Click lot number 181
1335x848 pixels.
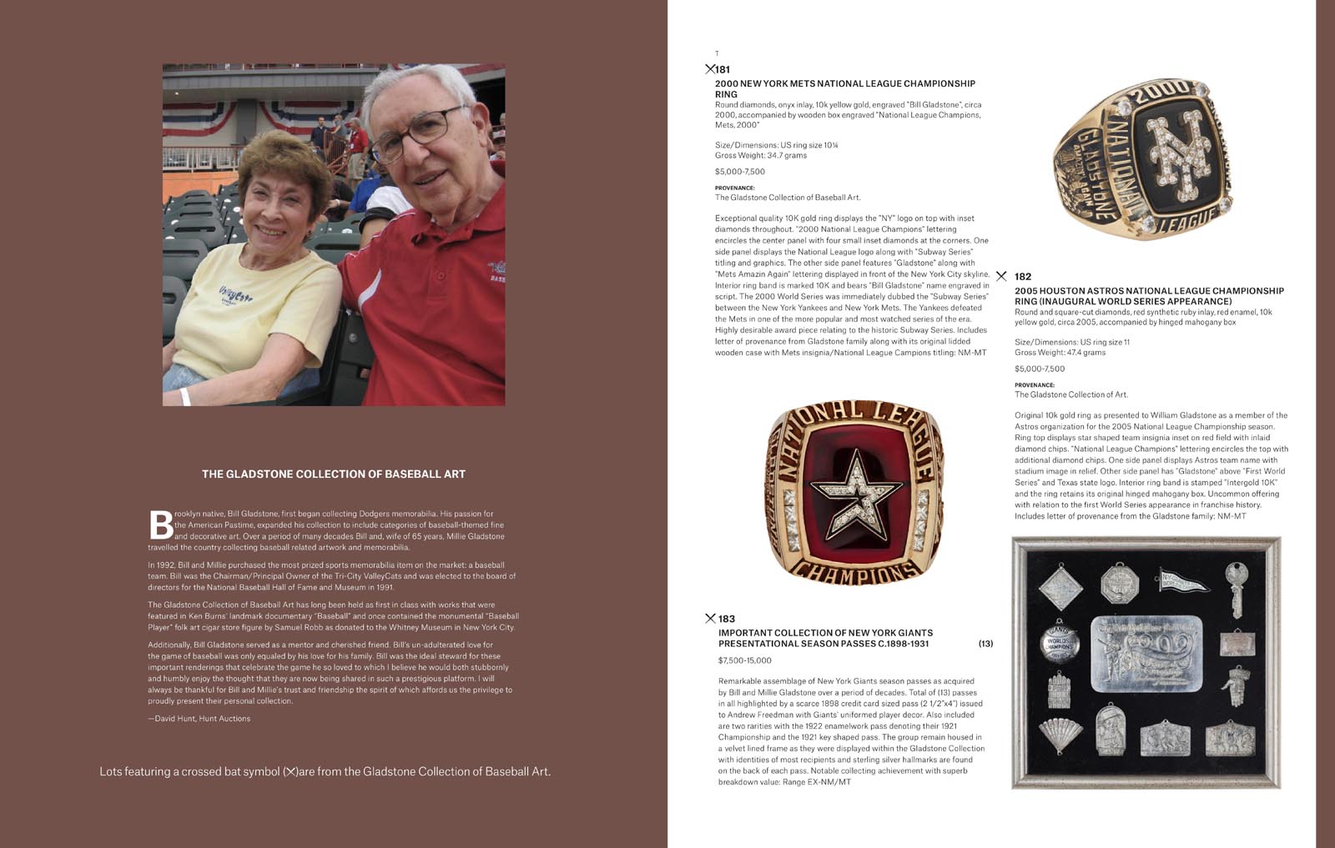(723, 69)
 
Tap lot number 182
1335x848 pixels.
(1023, 277)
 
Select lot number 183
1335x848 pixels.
(727, 619)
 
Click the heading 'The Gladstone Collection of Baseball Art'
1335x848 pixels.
(334, 474)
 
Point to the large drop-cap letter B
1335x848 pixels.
(160, 524)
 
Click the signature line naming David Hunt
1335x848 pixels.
(199, 719)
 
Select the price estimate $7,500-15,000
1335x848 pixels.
(745, 660)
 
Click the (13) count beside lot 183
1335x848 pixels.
(985, 644)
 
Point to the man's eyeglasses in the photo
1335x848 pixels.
(417, 133)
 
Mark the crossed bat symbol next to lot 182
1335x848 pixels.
(1001, 277)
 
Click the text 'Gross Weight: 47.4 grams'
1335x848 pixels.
(1060, 353)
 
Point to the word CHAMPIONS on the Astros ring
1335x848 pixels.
(854, 571)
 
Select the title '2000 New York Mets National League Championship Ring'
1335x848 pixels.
(844, 88)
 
